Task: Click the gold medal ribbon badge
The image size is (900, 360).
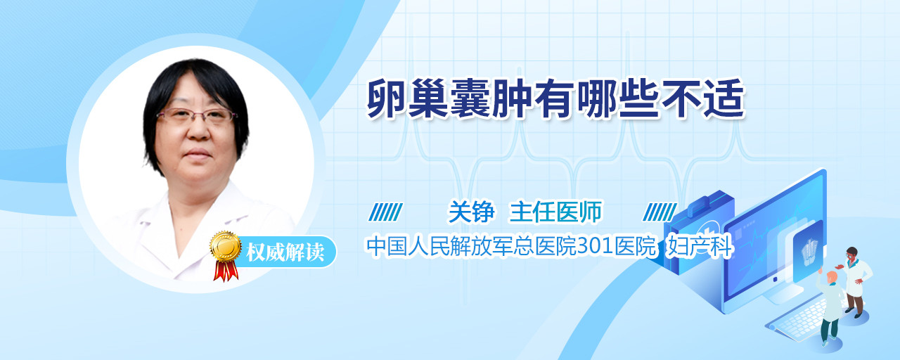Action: coord(226,254)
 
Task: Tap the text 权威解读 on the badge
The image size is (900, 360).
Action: coord(285,252)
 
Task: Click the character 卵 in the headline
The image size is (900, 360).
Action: coord(387,99)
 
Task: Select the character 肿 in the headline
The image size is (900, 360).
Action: coord(513,99)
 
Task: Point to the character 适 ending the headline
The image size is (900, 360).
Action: coord(724,99)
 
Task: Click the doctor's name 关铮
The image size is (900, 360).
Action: coord(471,212)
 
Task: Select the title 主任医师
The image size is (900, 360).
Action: coord(555,212)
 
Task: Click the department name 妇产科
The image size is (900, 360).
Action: coord(700,246)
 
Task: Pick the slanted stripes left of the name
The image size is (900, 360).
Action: coord(386,212)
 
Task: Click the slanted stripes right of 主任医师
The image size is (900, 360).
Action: coord(660,212)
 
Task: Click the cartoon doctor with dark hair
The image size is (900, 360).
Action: coord(855,281)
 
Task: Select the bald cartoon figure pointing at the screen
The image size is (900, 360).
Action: coord(830,306)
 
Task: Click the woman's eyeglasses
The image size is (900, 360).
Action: coord(195,116)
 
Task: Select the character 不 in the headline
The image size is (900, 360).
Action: coord(681,99)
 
